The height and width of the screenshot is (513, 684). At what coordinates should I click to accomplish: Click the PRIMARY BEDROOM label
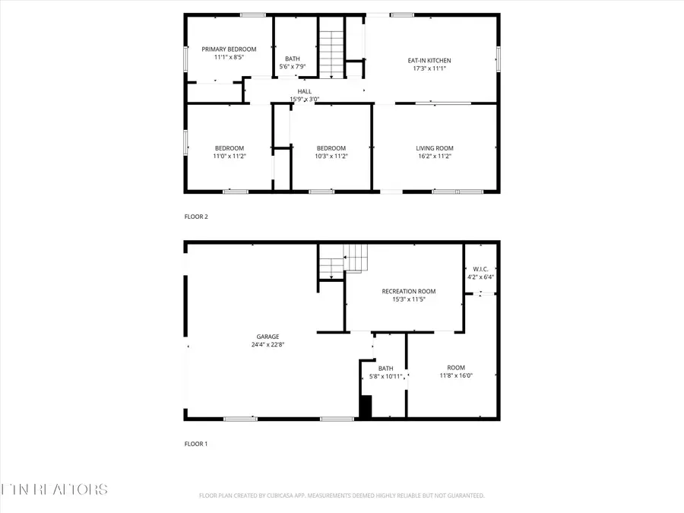[229, 49]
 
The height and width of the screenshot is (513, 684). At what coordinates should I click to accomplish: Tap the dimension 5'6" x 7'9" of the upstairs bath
[293, 67]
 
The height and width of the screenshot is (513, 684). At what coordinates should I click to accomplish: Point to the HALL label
[304, 91]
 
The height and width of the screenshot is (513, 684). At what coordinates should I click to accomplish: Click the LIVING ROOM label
[434, 148]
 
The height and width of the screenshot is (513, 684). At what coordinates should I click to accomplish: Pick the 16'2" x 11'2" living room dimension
[434, 156]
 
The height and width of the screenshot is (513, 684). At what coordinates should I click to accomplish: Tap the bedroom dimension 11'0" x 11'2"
[229, 156]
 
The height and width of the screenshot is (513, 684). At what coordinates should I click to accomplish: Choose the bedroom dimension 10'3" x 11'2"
[331, 156]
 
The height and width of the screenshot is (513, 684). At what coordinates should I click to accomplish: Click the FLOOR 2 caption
[196, 217]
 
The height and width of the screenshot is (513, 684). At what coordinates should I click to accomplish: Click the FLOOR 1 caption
[196, 444]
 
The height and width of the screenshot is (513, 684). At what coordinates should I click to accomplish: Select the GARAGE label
[268, 337]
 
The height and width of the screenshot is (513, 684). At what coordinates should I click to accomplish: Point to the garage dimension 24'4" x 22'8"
[268, 344]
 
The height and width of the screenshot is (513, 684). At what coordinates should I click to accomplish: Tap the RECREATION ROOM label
[408, 291]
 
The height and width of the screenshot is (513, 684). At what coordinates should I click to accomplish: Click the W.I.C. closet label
[480, 269]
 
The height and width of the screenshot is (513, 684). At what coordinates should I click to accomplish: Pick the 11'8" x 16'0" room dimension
[456, 375]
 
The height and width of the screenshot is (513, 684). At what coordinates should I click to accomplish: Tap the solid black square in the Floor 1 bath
[366, 407]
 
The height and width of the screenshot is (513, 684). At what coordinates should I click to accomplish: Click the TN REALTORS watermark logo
[55, 489]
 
